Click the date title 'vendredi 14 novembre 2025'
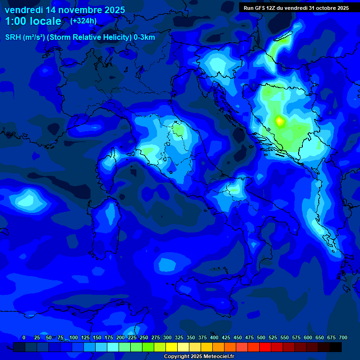(65, 10)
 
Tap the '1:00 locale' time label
(33, 21)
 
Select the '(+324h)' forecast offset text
(83, 21)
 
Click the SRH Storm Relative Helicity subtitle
(80, 37)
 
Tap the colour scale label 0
(24, 337)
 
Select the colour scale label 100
(74, 337)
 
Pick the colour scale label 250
(144, 337)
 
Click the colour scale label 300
(167, 337)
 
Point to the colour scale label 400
(214, 337)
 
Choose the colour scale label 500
(261, 337)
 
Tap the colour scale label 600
(308, 337)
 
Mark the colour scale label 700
(343, 337)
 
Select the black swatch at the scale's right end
(336, 347)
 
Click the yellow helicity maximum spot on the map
(279, 121)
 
